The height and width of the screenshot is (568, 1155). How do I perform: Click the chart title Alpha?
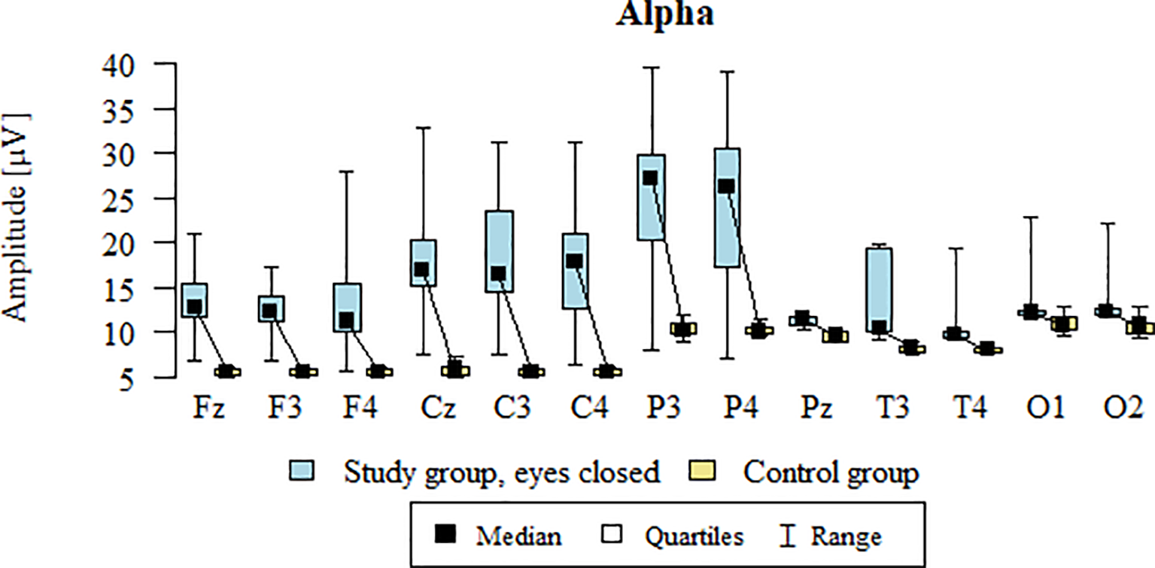click(664, 15)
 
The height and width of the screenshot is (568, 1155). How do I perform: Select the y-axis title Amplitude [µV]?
click(17, 218)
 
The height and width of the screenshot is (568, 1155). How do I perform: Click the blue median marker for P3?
click(650, 178)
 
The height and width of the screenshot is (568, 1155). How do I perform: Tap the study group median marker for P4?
click(726, 187)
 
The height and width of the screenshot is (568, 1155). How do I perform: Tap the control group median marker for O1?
click(1062, 324)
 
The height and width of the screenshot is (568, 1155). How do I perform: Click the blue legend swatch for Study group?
click(302, 472)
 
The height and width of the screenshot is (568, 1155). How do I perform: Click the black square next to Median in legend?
click(447, 535)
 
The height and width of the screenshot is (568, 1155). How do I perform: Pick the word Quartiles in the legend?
click(694, 536)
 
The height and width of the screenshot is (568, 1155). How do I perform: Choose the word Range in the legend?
click(845, 536)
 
